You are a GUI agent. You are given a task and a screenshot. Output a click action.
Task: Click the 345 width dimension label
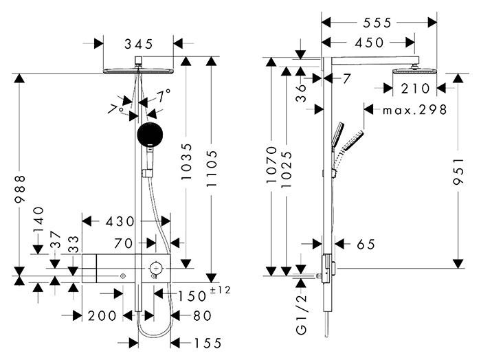138,44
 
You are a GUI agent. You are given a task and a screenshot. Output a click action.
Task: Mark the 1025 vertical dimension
288,164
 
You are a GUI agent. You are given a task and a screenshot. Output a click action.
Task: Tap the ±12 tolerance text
220,290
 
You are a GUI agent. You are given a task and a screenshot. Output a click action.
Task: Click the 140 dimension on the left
38,221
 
